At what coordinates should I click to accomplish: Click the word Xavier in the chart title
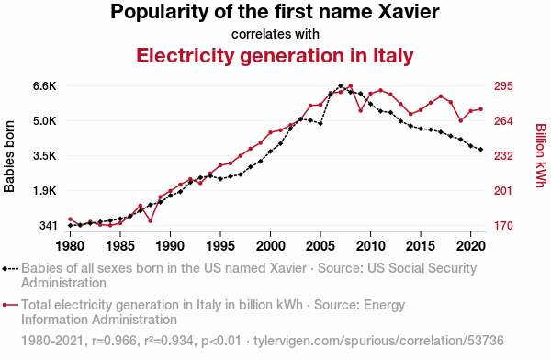409,12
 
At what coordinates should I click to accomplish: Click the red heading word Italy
393,56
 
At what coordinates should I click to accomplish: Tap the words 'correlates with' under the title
275,34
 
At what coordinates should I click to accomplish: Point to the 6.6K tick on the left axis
45,86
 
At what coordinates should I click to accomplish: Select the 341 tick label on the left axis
48,225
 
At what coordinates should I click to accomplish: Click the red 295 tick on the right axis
503,86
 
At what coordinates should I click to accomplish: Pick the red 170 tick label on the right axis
503,225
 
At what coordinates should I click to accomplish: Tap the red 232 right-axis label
503,156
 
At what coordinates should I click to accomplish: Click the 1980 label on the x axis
71,246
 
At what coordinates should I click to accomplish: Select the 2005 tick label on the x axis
320,246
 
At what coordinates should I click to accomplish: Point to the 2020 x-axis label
471,246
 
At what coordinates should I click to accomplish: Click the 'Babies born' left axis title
9,156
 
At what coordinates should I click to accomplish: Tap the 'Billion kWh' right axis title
541,155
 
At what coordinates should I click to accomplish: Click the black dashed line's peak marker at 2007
340,85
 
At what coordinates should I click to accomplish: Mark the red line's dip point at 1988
150,221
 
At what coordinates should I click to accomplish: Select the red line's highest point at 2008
351,85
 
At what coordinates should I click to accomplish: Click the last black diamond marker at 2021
480,150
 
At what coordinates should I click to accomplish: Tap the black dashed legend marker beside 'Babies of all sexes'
10,269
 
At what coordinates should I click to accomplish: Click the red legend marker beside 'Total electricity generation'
10,305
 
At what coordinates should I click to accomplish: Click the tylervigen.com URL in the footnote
378,341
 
